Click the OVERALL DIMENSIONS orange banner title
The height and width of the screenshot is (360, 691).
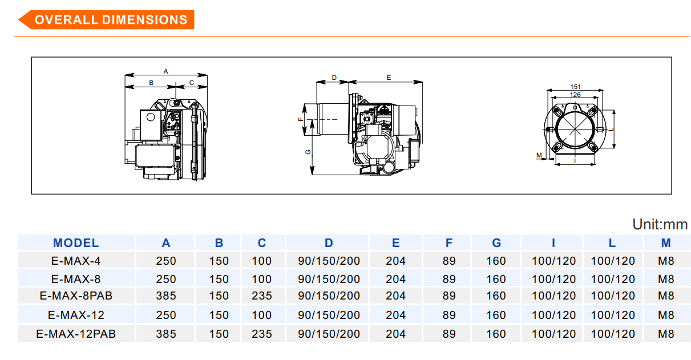pyautogui.click(x=111, y=20)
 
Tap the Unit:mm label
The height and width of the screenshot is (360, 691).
pyautogui.click(x=660, y=224)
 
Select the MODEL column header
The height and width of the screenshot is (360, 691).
pyautogui.click(x=76, y=243)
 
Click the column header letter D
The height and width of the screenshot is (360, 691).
pyautogui.click(x=329, y=243)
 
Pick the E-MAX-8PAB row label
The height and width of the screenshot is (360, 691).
pyautogui.click(x=76, y=296)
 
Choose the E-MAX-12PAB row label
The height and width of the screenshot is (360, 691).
pyautogui.click(x=76, y=334)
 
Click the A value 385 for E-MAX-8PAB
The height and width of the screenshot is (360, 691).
pyautogui.click(x=166, y=296)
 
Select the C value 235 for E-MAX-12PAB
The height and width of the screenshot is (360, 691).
pyautogui.click(x=261, y=334)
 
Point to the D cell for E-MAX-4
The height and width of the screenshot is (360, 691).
pyautogui.click(x=329, y=261)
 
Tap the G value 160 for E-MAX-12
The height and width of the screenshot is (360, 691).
pyautogui.click(x=496, y=315)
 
